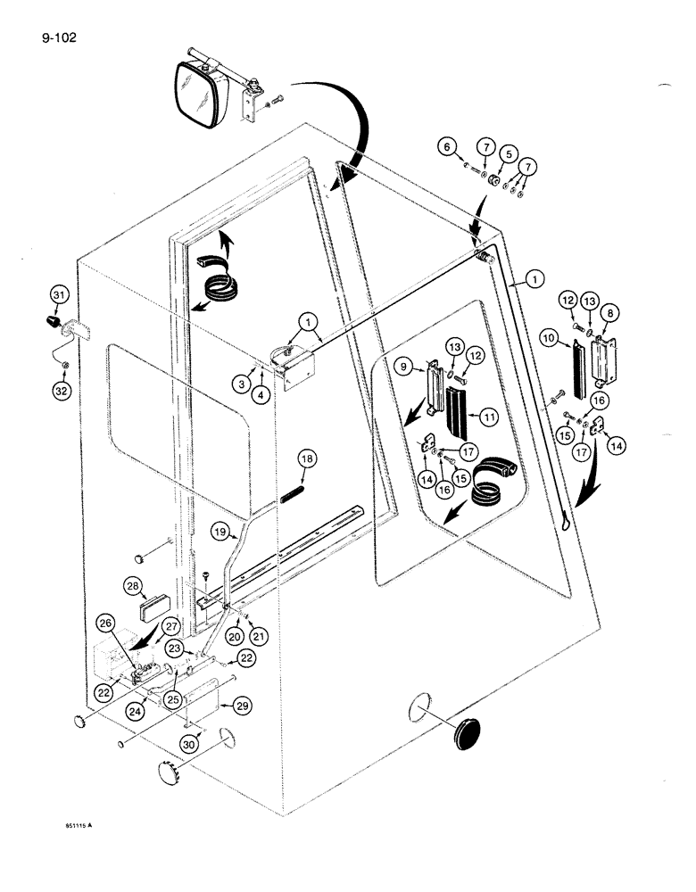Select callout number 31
tap(59, 294)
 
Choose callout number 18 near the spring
tap(308, 459)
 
